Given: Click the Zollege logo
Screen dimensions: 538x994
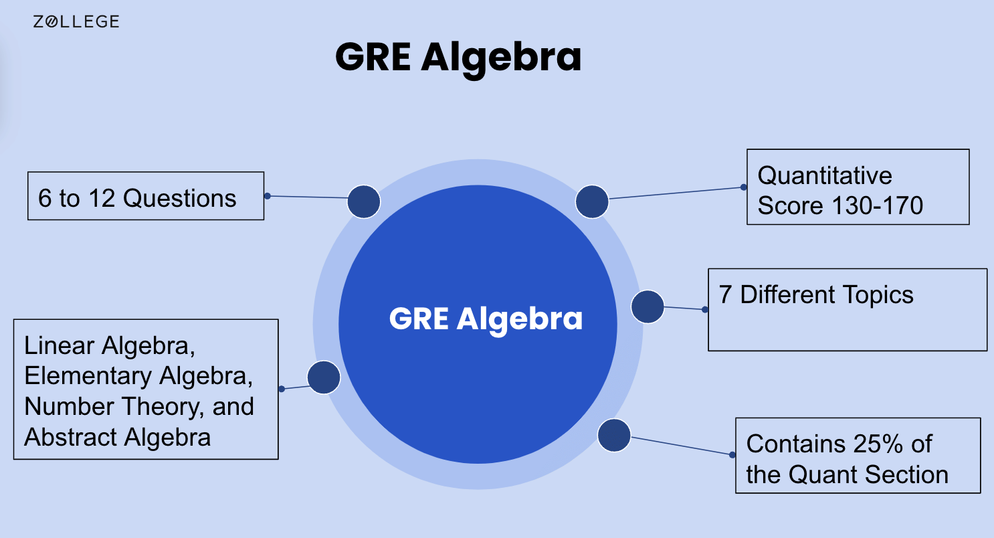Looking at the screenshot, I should [x=76, y=21].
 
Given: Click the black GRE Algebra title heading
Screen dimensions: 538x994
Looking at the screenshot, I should [x=458, y=58].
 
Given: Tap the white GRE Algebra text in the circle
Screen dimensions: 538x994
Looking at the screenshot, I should [x=486, y=319].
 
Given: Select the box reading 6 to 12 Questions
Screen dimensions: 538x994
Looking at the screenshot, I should [x=146, y=196].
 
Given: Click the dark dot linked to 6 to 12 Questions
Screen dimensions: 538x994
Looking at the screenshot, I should [x=364, y=201].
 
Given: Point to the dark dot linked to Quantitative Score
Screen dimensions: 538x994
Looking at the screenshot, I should [x=592, y=201].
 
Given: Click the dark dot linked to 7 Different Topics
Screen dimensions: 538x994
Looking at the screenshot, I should [x=648, y=307].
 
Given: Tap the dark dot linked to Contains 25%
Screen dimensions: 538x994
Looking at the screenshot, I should [x=614, y=435].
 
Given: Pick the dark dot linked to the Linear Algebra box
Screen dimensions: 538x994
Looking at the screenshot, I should [x=324, y=377].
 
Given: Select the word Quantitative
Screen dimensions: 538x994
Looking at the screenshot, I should [x=825, y=175].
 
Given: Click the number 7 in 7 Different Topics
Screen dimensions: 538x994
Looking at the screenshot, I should [x=725, y=295].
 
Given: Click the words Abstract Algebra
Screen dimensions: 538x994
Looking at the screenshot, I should [x=118, y=437].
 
